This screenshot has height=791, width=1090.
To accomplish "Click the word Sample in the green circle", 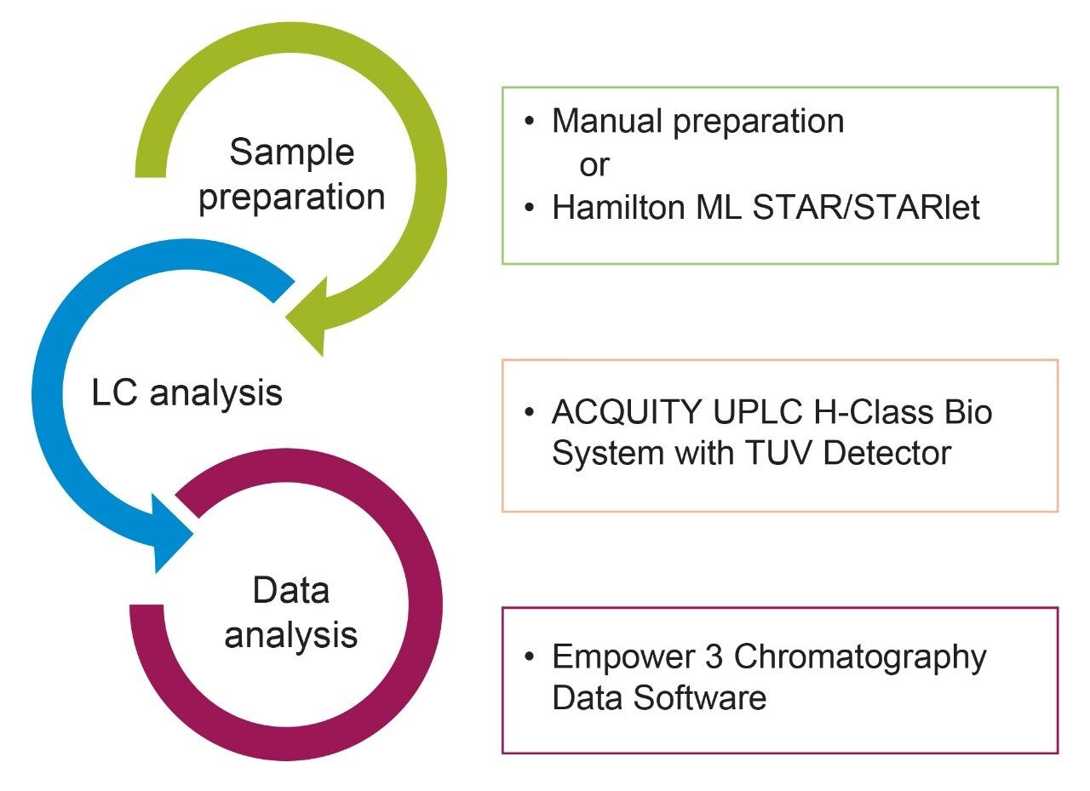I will pyautogui.click(x=291, y=153).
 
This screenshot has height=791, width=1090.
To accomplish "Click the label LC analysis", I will pyautogui.click(x=186, y=393).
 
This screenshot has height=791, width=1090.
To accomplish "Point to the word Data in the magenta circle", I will pyautogui.click(x=290, y=591).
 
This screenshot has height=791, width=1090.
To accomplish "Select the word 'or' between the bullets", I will pyautogui.click(x=594, y=165).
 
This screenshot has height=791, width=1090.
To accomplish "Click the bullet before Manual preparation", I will pyautogui.click(x=530, y=123).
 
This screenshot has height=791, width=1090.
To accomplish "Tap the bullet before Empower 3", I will pyautogui.click(x=530, y=658).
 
